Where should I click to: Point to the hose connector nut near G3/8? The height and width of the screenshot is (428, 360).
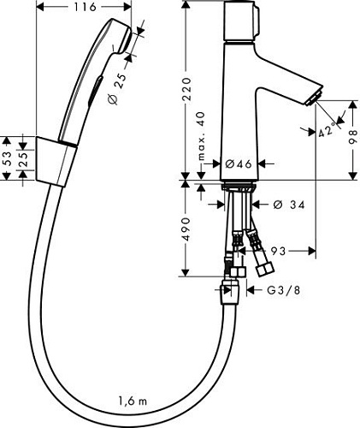(228, 288)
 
